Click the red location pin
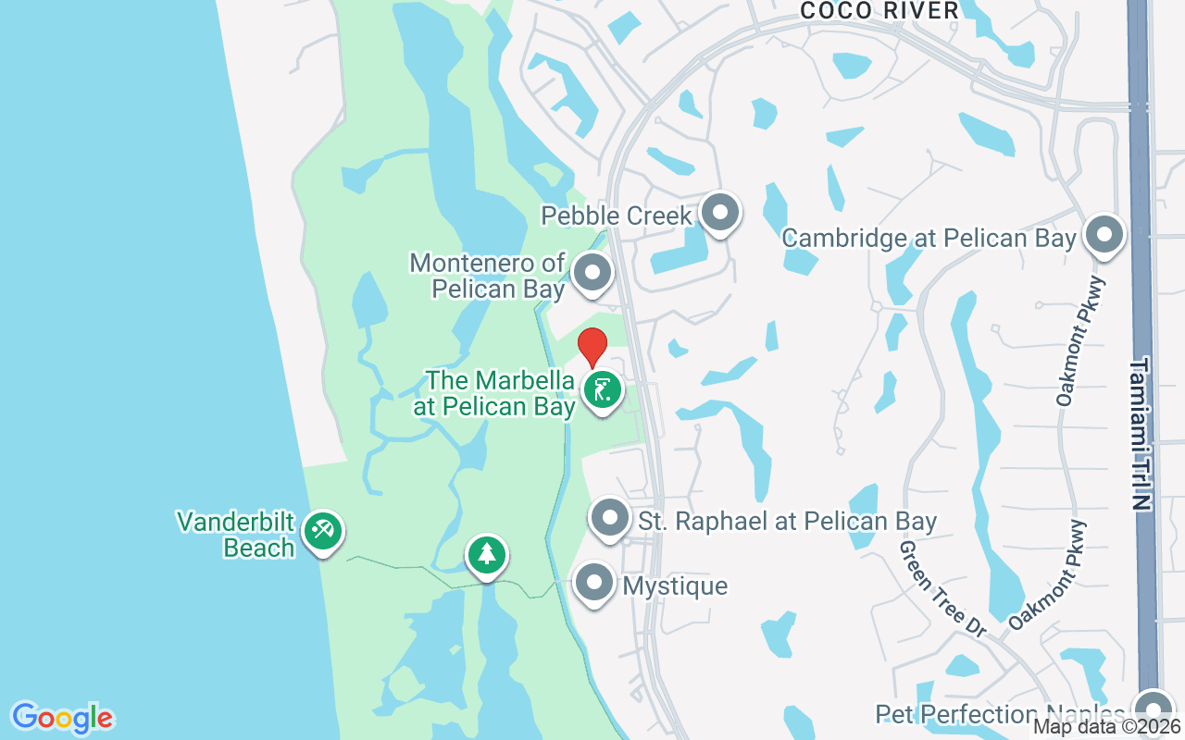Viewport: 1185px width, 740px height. pyautogui.click(x=592, y=347)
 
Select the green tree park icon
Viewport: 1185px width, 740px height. pyautogui.click(x=486, y=554)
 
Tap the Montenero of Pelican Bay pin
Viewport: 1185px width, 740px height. pyautogui.click(x=592, y=273)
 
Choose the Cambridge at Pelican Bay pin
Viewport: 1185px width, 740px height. pyautogui.click(x=1104, y=236)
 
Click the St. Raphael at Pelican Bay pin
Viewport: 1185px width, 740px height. pyautogui.click(x=610, y=519)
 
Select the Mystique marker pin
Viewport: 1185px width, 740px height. pyautogui.click(x=593, y=584)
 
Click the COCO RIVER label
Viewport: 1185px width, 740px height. pyautogui.click(x=879, y=10)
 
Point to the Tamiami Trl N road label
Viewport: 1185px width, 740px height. pyautogui.click(x=1140, y=435)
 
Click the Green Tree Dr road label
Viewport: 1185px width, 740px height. pyautogui.click(x=943, y=588)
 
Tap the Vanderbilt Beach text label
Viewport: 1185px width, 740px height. pyautogui.click(x=236, y=535)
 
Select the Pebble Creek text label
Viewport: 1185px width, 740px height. pyautogui.click(x=617, y=216)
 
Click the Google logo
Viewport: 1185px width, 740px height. pyautogui.click(x=62, y=718)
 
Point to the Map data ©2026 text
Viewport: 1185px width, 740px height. pyautogui.click(x=1107, y=727)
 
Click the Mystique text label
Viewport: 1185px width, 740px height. pyautogui.click(x=675, y=586)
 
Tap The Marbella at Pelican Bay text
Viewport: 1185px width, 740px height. pyautogui.click(x=500, y=393)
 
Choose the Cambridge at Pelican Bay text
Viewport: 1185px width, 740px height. pyautogui.click(x=929, y=238)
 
